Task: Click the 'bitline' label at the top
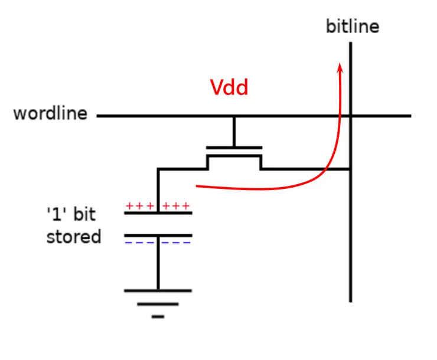[352, 27]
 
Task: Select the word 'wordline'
[50, 113]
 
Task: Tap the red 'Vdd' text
[229, 88]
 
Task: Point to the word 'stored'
[74, 237]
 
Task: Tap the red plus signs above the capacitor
[158, 206]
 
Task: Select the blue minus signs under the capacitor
[158, 243]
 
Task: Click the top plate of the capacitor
[158, 212]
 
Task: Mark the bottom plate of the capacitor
[158, 235]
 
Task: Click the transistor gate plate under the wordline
[234, 148]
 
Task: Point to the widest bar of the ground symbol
[158, 290]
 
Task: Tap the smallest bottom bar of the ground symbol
[158, 317]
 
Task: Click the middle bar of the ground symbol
[158, 305]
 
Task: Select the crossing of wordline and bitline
[351, 116]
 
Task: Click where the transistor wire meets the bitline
[351, 169]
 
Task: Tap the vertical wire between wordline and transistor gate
[234, 132]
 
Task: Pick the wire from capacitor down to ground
[158, 263]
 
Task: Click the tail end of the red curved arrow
[198, 186]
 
